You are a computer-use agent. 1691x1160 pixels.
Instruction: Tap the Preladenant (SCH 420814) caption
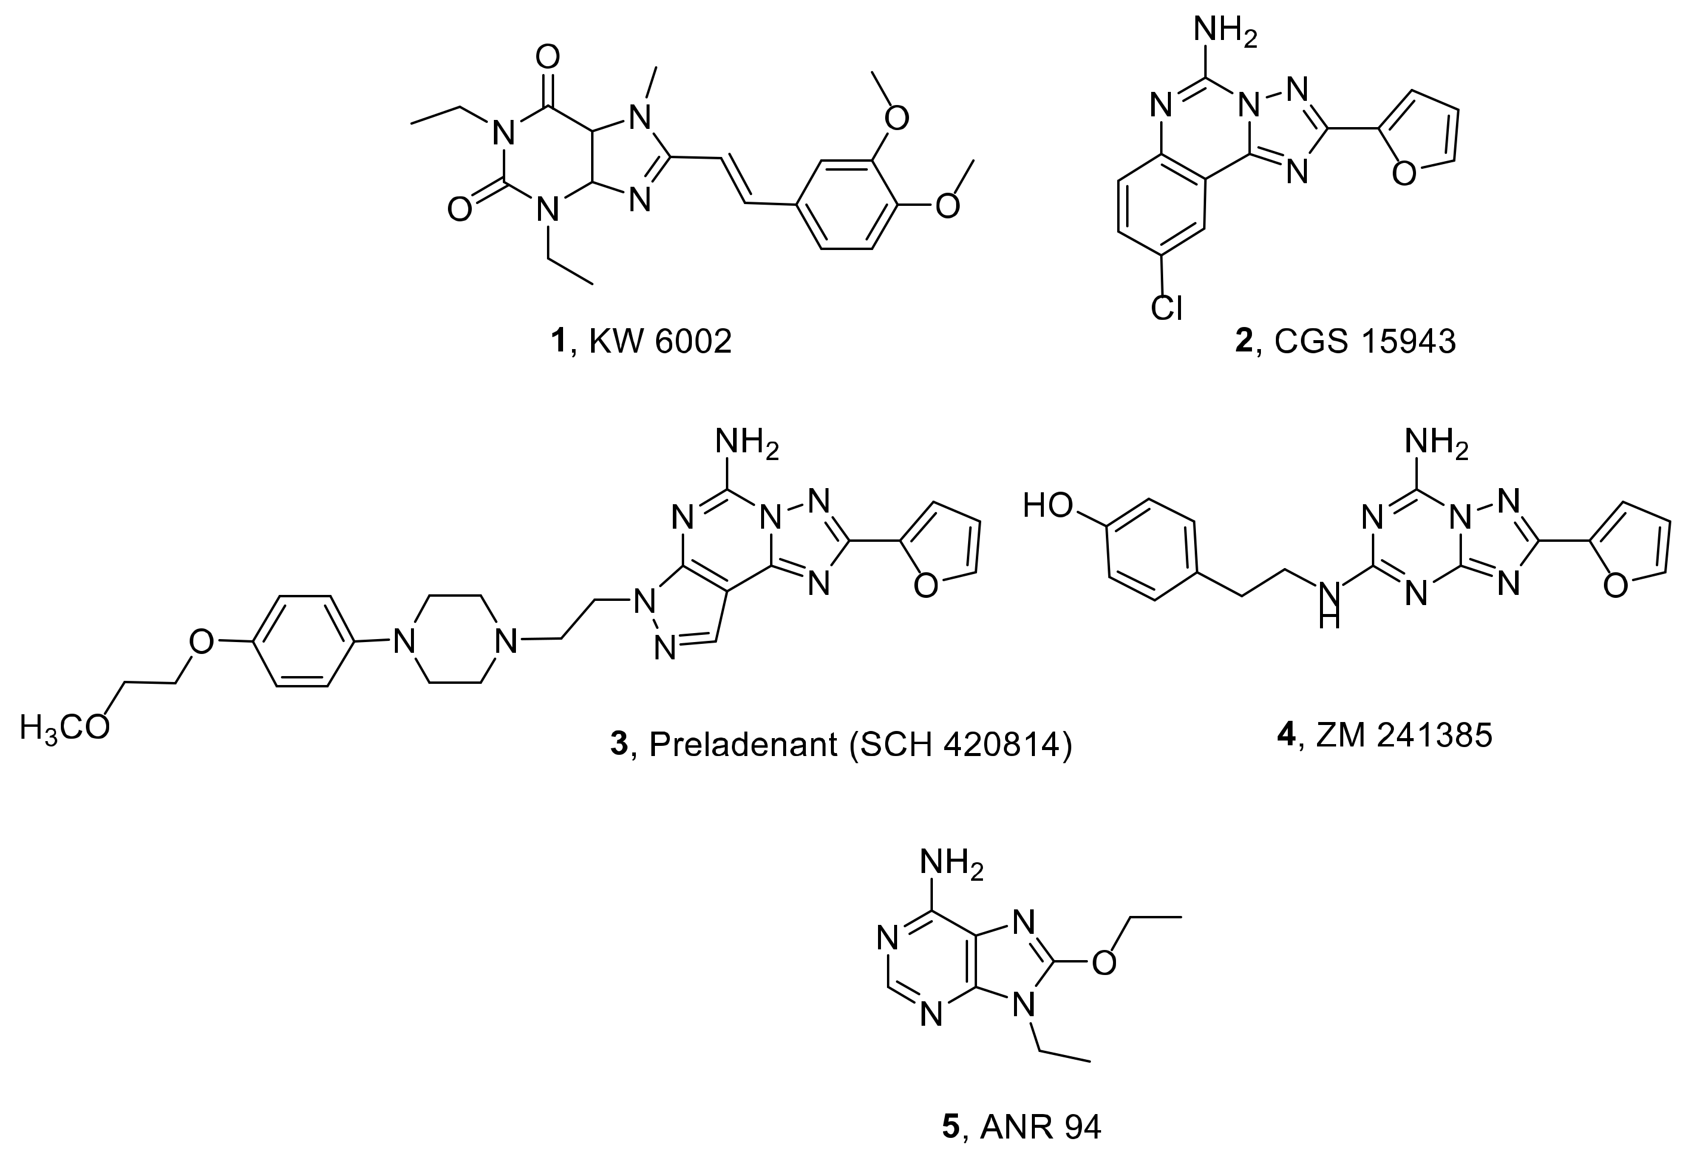click(841, 745)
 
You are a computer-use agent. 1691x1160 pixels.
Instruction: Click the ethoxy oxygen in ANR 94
click(1104, 962)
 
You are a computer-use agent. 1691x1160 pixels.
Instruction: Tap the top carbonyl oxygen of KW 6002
click(547, 57)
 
